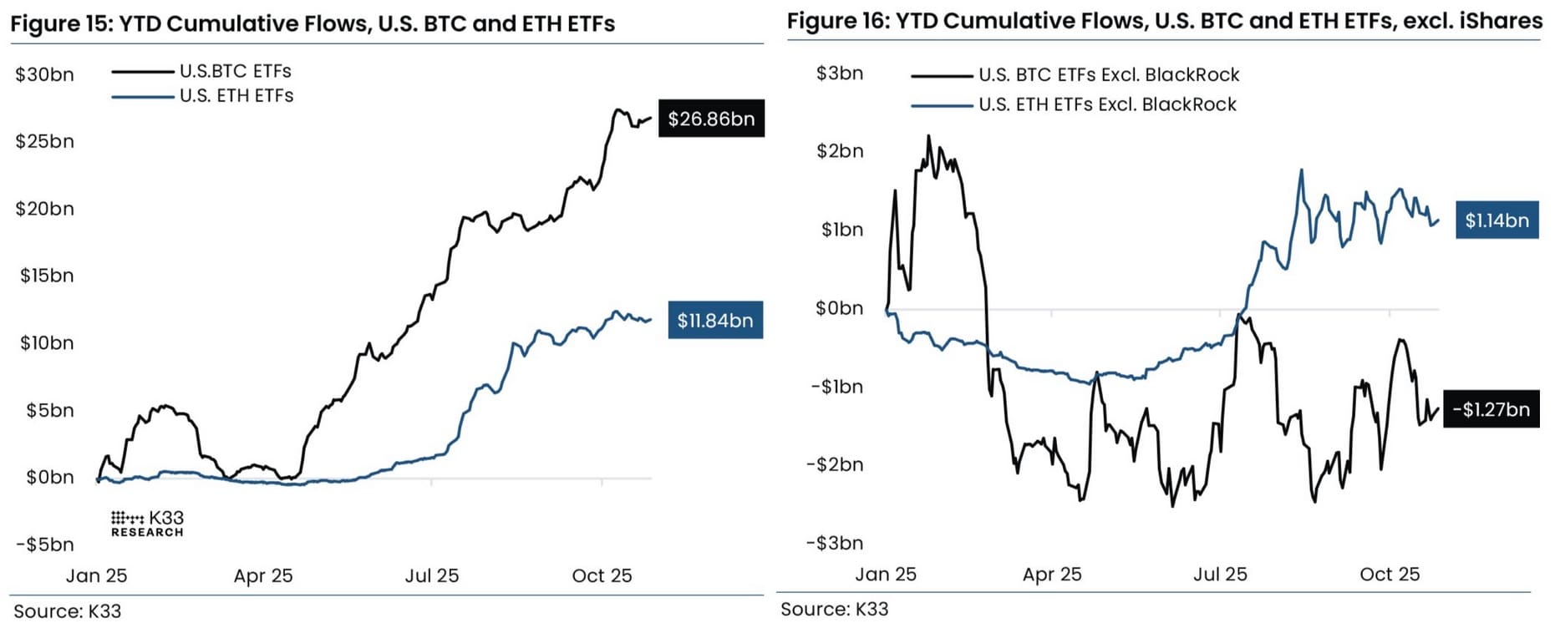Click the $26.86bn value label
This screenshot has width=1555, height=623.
pyautogui.click(x=711, y=119)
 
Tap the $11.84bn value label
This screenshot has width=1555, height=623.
pyautogui.click(x=715, y=321)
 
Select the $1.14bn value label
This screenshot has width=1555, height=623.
pyautogui.click(x=1497, y=220)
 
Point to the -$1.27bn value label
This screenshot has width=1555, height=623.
pyautogui.click(x=1491, y=409)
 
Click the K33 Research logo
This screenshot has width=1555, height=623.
pyautogui.click(x=147, y=524)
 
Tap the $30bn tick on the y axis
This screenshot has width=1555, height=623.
pyautogui.click(x=44, y=75)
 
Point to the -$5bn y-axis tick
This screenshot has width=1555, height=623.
pyautogui.click(x=45, y=544)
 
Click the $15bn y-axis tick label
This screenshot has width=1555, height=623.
pyautogui.click(x=47, y=276)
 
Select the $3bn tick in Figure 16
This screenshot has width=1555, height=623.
pyautogui.click(x=840, y=73)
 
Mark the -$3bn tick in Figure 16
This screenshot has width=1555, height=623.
pyautogui.click(x=835, y=543)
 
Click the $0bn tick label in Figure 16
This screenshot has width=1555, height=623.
pyautogui.click(x=839, y=308)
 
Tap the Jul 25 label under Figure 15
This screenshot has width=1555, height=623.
pyautogui.click(x=432, y=575)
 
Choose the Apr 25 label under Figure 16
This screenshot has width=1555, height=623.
pyautogui.click(x=1052, y=575)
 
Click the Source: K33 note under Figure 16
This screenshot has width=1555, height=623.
pyautogui.click(x=834, y=609)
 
